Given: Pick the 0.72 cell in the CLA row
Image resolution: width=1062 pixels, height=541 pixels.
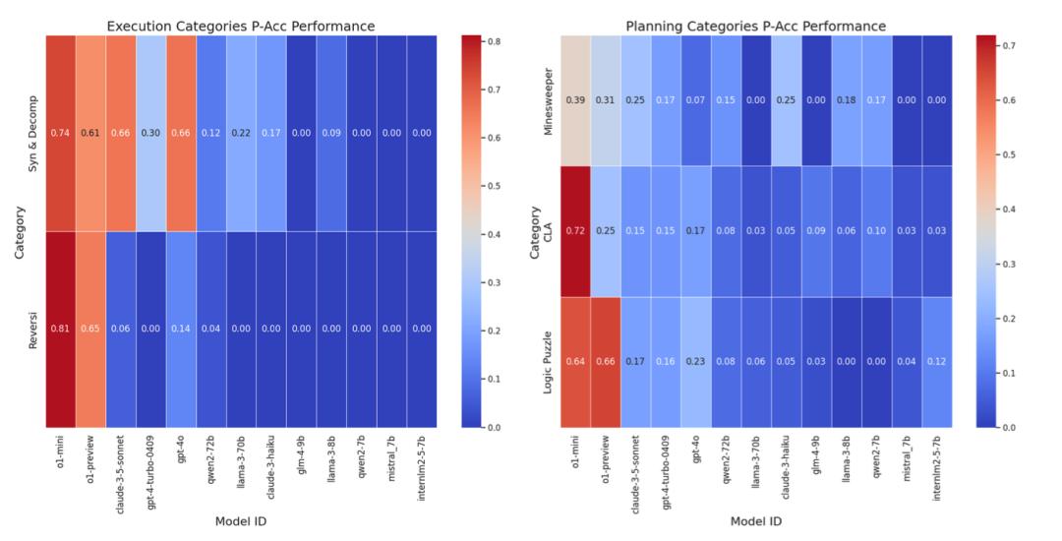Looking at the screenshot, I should tap(574, 231).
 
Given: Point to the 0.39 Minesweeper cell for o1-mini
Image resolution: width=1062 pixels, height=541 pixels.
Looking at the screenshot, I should tap(574, 100).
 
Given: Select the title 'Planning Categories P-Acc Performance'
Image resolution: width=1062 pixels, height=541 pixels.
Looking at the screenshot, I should tap(754, 26).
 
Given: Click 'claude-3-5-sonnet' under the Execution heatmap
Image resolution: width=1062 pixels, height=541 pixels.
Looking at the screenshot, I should tap(123, 468).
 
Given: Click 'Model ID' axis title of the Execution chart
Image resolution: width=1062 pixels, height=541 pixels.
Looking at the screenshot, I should tap(241, 521).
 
